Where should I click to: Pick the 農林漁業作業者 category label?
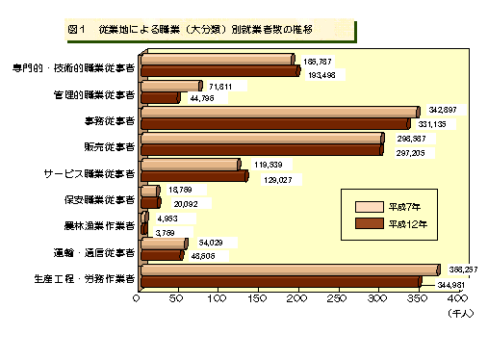click(96, 226)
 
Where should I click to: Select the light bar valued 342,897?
click(279, 113)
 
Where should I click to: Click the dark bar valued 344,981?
click(280, 281)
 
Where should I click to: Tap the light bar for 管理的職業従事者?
click(169, 87)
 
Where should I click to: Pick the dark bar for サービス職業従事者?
click(193, 176)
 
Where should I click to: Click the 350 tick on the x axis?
click(415, 300)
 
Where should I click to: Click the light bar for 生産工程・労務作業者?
click(289, 270)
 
